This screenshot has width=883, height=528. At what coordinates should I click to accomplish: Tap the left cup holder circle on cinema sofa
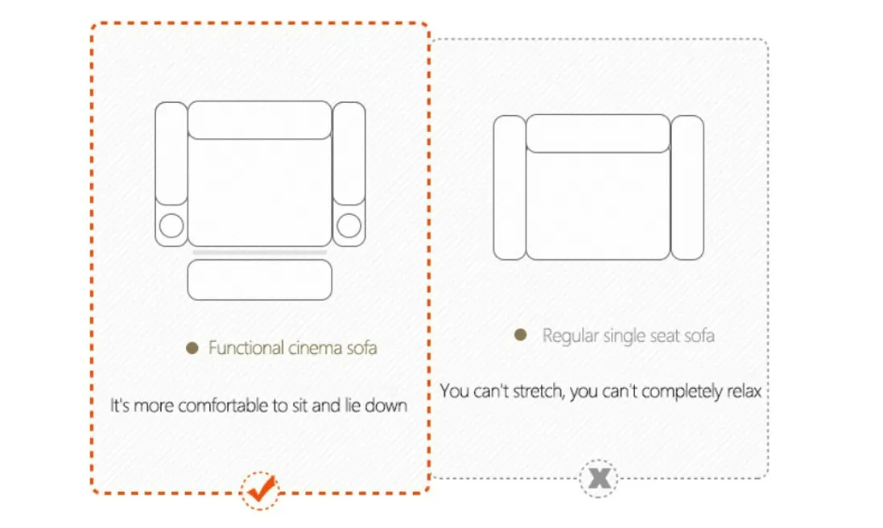[x=171, y=226]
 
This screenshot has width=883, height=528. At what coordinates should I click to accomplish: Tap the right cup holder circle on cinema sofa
[x=349, y=226]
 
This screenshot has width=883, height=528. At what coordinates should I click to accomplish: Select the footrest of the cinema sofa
[x=260, y=280]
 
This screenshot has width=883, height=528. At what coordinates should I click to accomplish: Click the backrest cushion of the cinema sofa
[x=260, y=120]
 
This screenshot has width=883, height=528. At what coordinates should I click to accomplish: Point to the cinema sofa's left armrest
[x=171, y=153]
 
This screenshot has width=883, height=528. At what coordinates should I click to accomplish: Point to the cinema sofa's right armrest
[x=349, y=153]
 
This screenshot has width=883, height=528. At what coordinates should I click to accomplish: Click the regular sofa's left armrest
[x=509, y=188]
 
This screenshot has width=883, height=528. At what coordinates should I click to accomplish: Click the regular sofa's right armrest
[x=687, y=188]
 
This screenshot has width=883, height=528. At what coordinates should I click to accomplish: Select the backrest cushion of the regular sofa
[x=597, y=133]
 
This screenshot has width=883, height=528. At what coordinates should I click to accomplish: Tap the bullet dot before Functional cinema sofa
[x=192, y=349]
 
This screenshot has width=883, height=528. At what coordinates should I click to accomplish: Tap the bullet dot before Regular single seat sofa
[x=521, y=335]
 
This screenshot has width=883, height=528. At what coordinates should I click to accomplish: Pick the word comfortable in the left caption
[x=214, y=406]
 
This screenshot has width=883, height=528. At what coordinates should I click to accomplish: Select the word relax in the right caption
[x=741, y=392]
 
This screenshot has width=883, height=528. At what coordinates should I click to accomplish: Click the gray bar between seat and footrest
[x=260, y=253]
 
